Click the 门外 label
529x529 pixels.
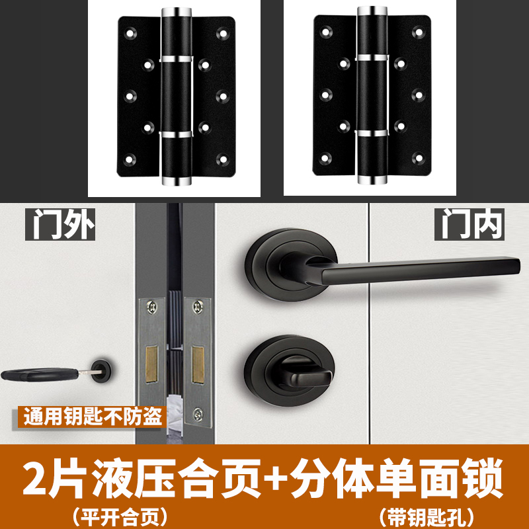point(60,224)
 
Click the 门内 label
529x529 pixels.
point(469,224)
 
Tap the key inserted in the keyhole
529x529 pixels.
point(51,374)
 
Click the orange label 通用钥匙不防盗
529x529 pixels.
point(93,417)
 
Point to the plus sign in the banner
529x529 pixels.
point(275,477)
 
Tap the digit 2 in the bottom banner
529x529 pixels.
point(35,478)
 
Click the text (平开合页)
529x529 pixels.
point(120,517)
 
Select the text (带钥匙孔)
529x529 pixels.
point(427,517)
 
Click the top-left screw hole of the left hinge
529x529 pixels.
point(130,33)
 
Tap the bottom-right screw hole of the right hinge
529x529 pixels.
point(419,157)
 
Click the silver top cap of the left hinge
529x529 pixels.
point(177,12)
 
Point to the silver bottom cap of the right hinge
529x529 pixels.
point(372,179)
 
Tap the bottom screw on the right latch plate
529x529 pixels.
point(198,415)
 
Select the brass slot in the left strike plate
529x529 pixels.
point(151,364)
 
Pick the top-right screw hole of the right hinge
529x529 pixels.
point(419,32)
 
